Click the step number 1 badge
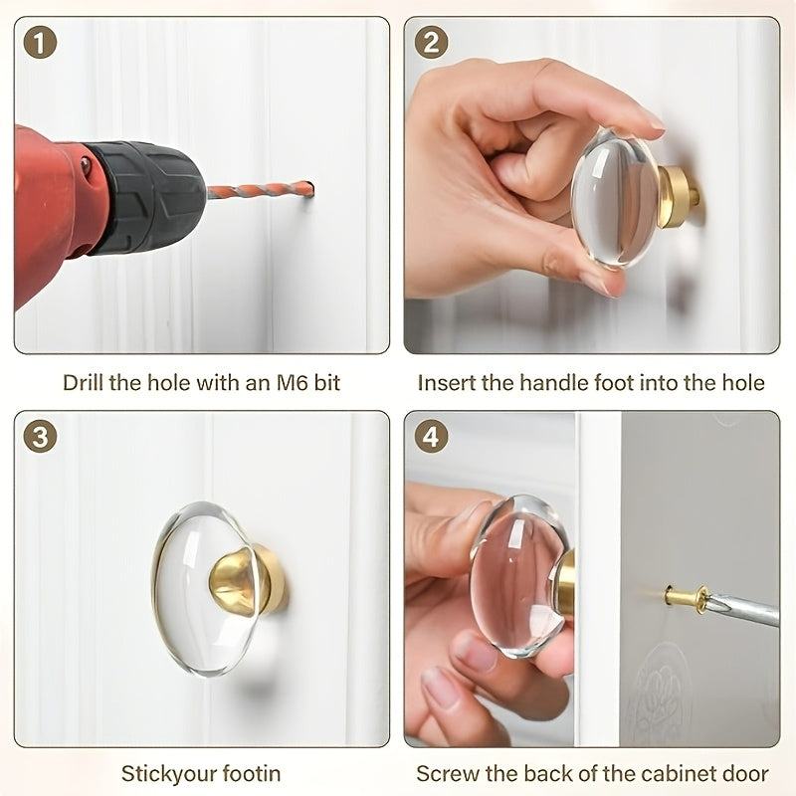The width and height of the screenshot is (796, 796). [x=40, y=43]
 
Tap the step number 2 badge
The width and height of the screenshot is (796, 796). [x=431, y=43]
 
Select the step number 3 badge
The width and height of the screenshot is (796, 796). [x=40, y=437]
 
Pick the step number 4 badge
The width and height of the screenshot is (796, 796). [x=431, y=437]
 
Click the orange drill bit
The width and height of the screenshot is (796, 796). [x=261, y=191]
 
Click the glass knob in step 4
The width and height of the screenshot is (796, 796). [x=518, y=576]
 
